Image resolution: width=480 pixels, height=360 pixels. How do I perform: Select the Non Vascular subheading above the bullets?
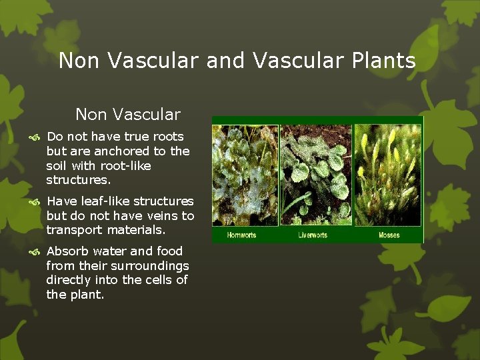(127, 115)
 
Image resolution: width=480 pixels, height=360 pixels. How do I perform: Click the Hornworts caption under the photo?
(241, 235)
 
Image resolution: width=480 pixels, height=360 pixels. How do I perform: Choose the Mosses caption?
(389, 235)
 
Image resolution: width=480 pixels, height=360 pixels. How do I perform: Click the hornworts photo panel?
(245, 175)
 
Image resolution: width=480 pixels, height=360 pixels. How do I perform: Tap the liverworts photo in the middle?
(317, 175)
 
